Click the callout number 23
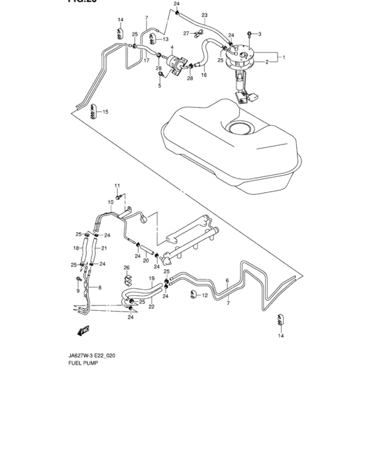pos(205,15)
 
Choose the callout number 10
pos(111,202)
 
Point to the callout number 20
pos(145,261)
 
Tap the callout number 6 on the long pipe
pos(227,280)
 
